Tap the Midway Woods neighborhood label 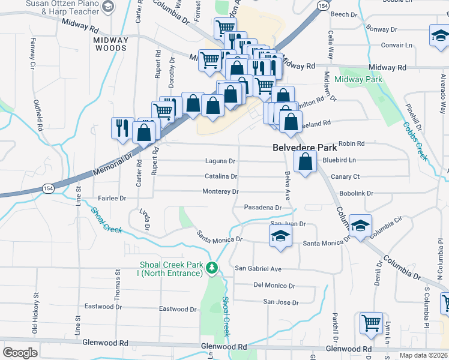pos(112,44)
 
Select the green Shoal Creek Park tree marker pos(211,267)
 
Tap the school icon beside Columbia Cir pos(361,226)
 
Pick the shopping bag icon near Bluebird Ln pos(306,161)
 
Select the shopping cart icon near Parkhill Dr pos(372,323)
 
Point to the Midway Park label pos(358,79)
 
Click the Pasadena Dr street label pos(262,208)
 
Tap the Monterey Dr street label pos(221,191)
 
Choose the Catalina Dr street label pos(221,176)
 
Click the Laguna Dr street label pos(220,161)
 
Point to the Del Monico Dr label pos(274,285)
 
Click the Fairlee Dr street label pos(112,198)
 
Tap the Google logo pos(20,353)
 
